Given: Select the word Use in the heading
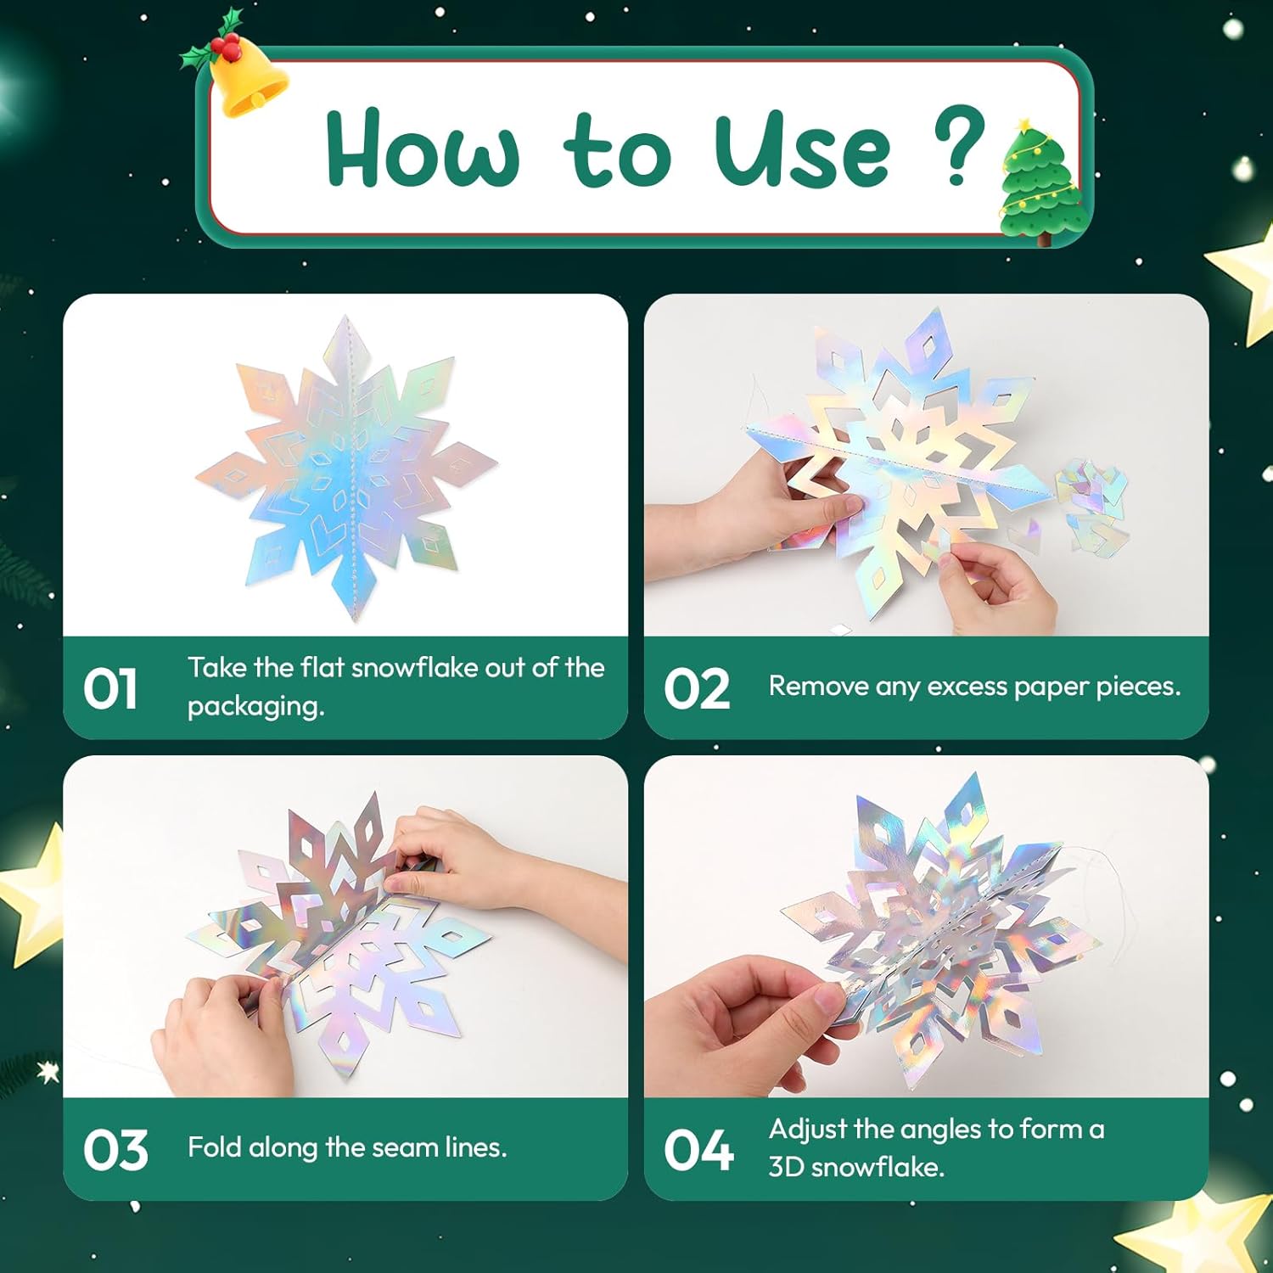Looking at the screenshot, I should (x=802, y=151).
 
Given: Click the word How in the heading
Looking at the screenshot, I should (x=422, y=149).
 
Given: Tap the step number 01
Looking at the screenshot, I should (x=110, y=688).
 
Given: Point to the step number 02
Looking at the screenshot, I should (x=697, y=688).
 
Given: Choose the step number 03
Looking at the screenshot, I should (x=115, y=1150).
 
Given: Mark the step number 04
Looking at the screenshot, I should (x=698, y=1150).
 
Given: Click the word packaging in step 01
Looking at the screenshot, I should (x=255, y=707).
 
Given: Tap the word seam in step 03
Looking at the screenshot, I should (x=405, y=1147).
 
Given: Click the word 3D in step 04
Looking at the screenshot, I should (x=786, y=1167).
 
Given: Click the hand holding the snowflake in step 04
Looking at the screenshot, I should (x=747, y=1018).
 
